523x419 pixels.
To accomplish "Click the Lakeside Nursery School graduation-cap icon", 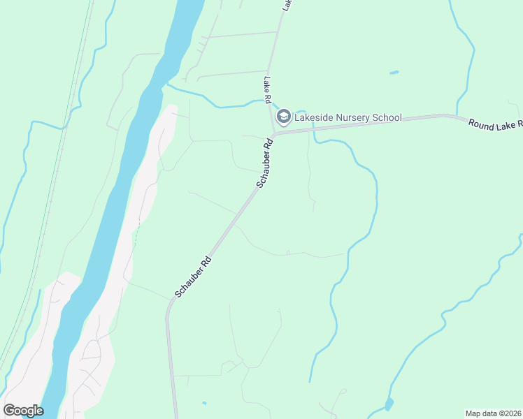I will (284, 117).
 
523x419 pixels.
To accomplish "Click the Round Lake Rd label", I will (495, 124).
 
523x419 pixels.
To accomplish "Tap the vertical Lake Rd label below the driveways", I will (267, 90).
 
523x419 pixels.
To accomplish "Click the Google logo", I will (23, 411).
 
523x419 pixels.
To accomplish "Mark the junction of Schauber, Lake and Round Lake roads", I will (273, 134).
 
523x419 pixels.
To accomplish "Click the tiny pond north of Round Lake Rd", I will (394, 72).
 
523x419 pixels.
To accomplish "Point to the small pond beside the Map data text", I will (389, 404).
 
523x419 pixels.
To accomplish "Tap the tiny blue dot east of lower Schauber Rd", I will (203, 403).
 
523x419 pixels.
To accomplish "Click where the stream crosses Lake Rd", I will (269, 103).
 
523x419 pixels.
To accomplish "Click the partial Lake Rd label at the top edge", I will (287, 4).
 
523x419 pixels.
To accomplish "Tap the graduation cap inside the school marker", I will (284, 117).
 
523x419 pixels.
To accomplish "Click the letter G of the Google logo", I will (10, 411).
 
